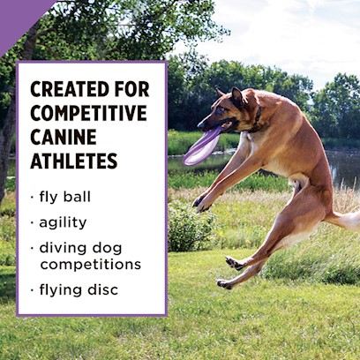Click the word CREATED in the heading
[x=70, y=89]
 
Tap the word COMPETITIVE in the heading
[x=88, y=113]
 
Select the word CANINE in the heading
[x=64, y=137]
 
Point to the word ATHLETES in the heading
[x=74, y=161]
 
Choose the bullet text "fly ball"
[x=64, y=197]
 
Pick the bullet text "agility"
[x=63, y=223]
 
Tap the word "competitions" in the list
[x=91, y=265]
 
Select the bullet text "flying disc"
[x=79, y=290]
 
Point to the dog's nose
[x=201, y=125]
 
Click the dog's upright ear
[x=237, y=97]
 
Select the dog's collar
[x=257, y=119]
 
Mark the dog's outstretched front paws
[x=201, y=204]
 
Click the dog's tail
[x=343, y=220]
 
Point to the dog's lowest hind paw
[x=224, y=284]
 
